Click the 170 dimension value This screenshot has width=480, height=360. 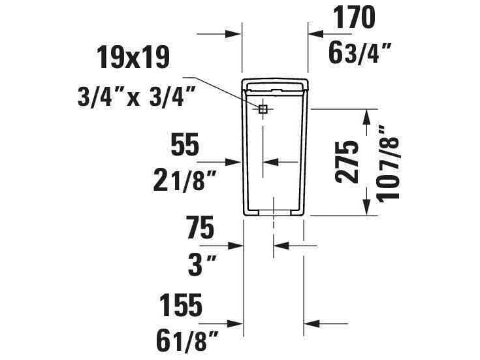point(355,19)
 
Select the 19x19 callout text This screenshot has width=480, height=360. point(133,57)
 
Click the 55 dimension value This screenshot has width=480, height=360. point(184,145)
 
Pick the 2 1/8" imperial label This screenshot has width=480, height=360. point(184,181)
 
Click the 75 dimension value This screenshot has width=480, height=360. point(199,229)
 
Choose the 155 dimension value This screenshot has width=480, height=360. point(182,305)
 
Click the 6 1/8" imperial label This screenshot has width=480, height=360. point(186,341)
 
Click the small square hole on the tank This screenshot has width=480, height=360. point(263,109)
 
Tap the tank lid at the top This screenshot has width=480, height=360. point(274,85)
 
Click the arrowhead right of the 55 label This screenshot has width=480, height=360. point(237,161)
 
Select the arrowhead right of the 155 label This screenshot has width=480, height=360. point(238,323)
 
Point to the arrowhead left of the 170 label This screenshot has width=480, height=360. point(313,33)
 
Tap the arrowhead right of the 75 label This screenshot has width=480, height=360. point(238,246)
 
